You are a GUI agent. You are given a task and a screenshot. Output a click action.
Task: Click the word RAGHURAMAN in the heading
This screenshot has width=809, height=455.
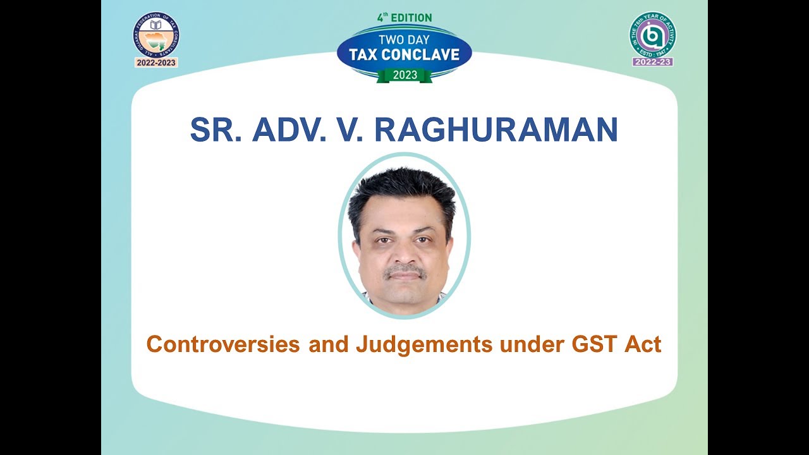click(496, 130)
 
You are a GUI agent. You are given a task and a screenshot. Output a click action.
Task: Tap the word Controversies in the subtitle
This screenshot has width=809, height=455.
click(224, 344)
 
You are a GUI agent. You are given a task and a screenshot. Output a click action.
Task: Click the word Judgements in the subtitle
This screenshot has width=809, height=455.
click(423, 344)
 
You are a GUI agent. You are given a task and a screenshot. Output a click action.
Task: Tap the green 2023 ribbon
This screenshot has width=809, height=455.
click(404, 75)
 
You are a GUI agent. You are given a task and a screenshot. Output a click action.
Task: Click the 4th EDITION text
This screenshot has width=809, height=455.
click(404, 18)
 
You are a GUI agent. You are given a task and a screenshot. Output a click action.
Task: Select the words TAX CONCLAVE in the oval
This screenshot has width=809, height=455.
click(404, 54)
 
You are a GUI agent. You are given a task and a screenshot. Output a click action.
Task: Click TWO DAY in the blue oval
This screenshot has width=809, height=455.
click(404, 39)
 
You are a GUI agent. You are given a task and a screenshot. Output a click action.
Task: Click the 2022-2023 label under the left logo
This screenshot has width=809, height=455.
click(156, 63)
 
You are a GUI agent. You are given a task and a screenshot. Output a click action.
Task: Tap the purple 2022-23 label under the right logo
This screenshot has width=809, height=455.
click(652, 62)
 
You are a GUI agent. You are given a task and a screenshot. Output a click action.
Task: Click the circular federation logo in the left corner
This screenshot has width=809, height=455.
click(156, 34)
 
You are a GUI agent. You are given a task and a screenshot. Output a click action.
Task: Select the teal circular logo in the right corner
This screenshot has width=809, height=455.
click(652, 34)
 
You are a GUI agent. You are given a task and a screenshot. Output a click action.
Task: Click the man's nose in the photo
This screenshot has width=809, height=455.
click(405, 253)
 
